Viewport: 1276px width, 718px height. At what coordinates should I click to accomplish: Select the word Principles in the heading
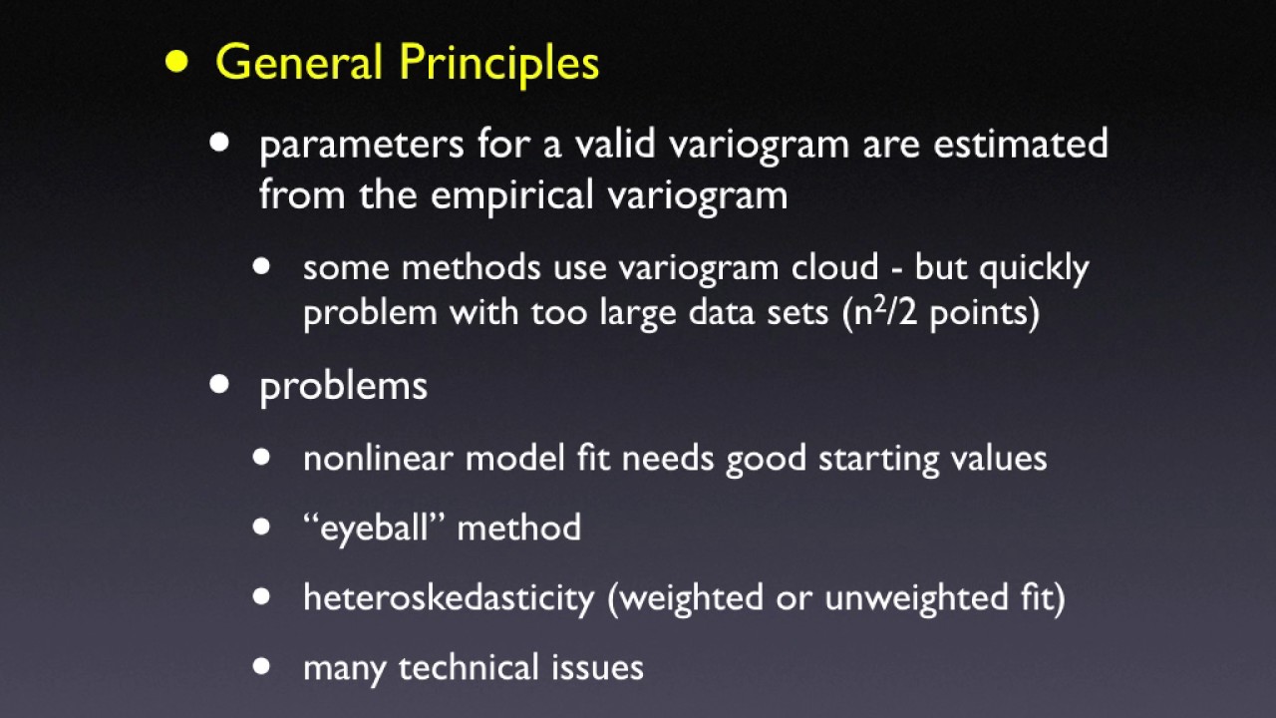[x=499, y=64]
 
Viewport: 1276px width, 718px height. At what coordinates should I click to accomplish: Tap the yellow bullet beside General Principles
[x=176, y=62]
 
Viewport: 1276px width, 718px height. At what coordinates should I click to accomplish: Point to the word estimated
[x=1020, y=144]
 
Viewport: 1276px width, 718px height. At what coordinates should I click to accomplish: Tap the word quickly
[x=1033, y=269]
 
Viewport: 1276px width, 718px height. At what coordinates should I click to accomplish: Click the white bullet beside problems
[x=219, y=385]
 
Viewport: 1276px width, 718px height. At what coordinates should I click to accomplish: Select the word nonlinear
[x=379, y=458]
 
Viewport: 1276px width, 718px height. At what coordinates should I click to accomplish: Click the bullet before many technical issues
[x=262, y=666]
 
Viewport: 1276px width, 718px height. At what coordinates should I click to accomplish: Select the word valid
[x=615, y=144]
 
